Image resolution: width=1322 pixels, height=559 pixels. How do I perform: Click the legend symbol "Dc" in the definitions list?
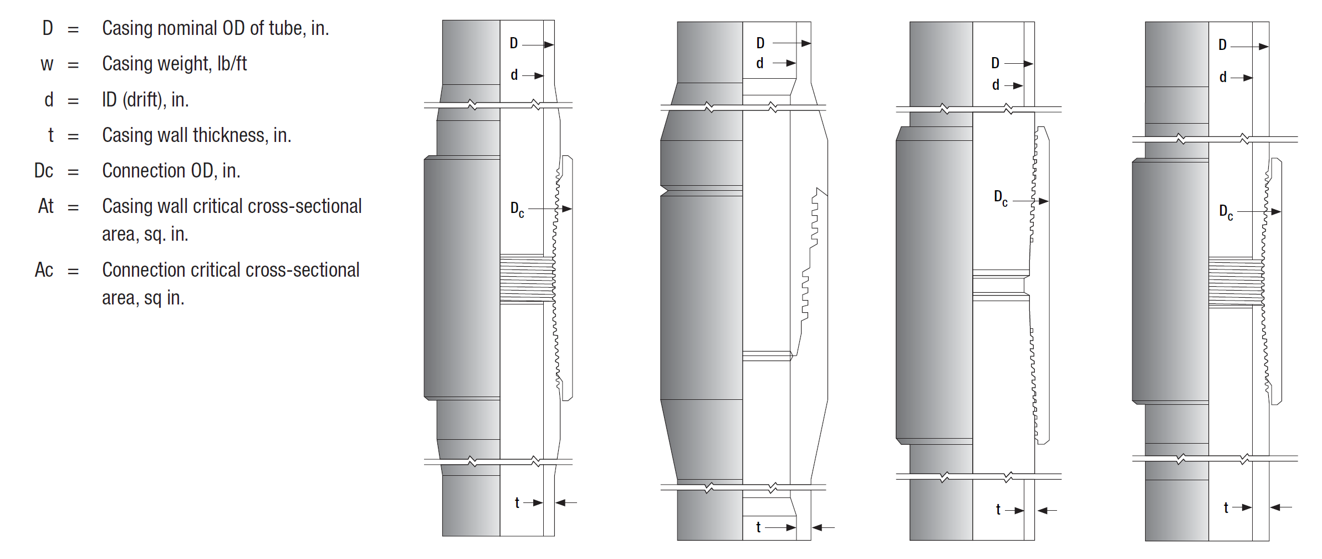[x=44, y=171]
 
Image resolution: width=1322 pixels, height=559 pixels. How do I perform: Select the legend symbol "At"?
[x=45, y=206]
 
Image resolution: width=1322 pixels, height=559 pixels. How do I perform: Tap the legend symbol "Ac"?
[x=44, y=270]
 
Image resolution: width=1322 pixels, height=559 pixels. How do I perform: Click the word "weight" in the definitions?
[x=185, y=64]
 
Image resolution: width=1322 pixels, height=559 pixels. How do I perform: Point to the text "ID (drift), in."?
[x=145, y=100]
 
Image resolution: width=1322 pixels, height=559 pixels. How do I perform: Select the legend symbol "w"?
[x=47, y=64]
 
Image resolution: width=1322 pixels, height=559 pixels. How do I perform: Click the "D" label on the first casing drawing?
[x=514, y=43]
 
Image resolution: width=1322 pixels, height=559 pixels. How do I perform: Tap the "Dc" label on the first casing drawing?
[x=517, y=210]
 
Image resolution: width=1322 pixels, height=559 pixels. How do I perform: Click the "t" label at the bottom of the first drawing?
[x=517, y=502]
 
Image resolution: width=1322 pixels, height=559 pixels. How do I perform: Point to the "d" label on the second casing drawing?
[x=760, y=63]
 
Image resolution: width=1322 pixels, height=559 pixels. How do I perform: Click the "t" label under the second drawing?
[x=758, y=527]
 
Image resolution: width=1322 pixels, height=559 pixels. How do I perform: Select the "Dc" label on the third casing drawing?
[x=1001, y=198]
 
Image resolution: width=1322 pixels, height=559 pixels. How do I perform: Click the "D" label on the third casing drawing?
[x=995, y=63]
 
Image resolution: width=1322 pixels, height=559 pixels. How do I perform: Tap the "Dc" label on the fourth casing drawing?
[x=1226, y=212]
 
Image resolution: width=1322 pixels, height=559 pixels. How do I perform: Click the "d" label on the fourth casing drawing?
[x=1223, y=77]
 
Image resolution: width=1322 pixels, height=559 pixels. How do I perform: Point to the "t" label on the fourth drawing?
[x=1226, y=507]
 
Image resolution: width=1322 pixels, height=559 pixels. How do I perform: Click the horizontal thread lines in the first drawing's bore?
[x=527, y=278]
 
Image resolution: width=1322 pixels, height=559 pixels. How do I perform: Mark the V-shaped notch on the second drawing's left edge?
[x=665, y=191]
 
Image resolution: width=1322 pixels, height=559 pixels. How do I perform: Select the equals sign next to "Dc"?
[x=73, y=171]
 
